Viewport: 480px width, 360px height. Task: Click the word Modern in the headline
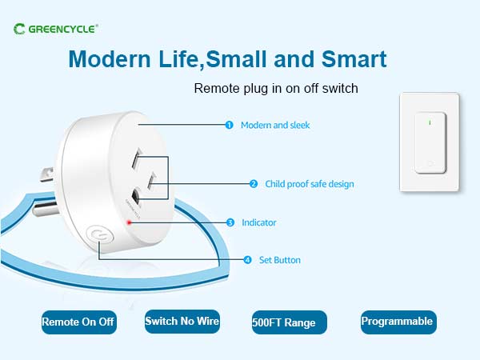(107, 59)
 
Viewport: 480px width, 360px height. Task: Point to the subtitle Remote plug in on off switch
(276, 88)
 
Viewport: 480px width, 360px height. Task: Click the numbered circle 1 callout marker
(229, 125)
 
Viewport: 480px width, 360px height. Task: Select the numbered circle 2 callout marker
(254, 184)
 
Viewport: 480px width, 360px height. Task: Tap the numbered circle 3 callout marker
(230, 222)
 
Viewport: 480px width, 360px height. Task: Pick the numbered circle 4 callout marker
(247, 260)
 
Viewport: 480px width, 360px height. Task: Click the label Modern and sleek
(275, 125)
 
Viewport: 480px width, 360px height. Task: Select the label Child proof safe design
(310, 184)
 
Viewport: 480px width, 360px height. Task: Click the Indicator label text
(259, 222)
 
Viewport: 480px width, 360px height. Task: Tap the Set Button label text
(280, 260)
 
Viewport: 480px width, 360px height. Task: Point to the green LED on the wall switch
(430, 122)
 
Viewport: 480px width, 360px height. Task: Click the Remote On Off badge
(78, 322)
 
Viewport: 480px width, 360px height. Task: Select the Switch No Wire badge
(182, 322)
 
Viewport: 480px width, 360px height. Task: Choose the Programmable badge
(398, 322)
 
